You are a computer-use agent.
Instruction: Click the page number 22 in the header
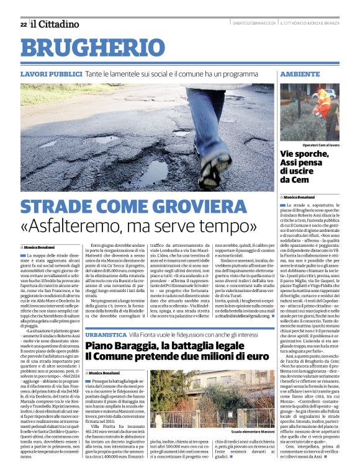pyautogui.click(x=24, y=24)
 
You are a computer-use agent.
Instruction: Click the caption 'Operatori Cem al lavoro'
pyautogui.click(x=317, y=144)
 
